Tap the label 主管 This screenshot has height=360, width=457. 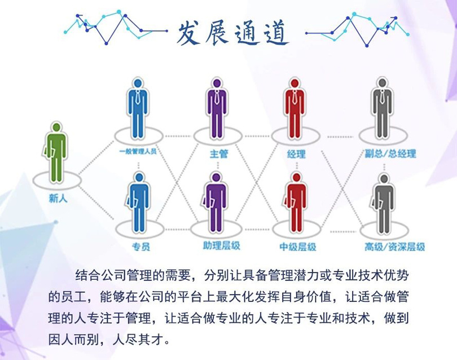[x=219, y=153]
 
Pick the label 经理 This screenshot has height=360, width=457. [x=296, y=153]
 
